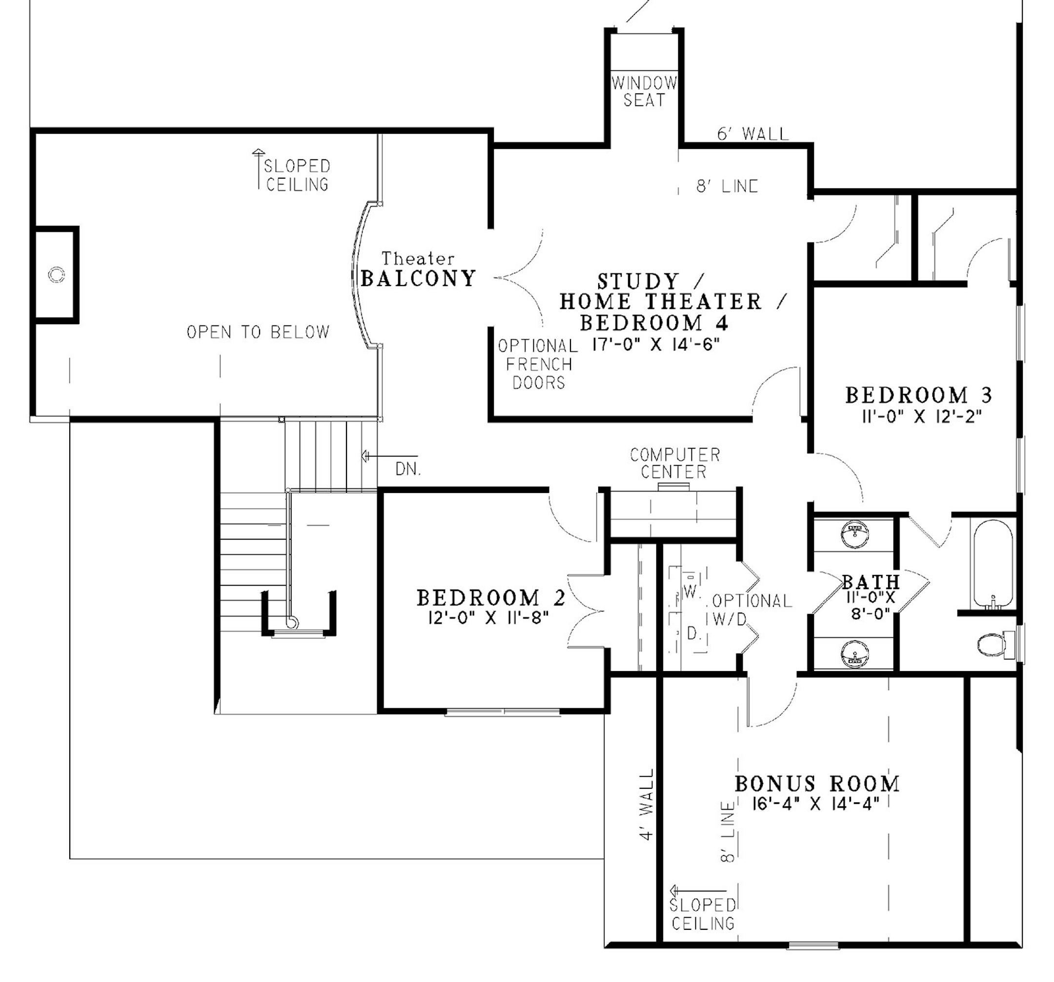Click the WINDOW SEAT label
click(x=644, y=92)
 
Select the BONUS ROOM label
click(x=817, y=783)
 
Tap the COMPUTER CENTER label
click(x=674, y=463)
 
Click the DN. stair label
click(x=408, y=469)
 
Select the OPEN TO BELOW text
click(x=258, y=332)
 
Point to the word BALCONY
click(x=418, y=279)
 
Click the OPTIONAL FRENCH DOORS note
click(x=538, y=364)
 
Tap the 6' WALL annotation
click(x=753, y=134)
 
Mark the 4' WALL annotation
click(x=648, y=804)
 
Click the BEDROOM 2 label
click(x=491, y=598)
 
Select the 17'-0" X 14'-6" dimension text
click(x=656, y=345)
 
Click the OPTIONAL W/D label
click(x=752, y=609)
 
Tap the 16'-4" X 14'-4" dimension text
click(x=815, y=804)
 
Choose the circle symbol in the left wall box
click(x=56, y=275)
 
